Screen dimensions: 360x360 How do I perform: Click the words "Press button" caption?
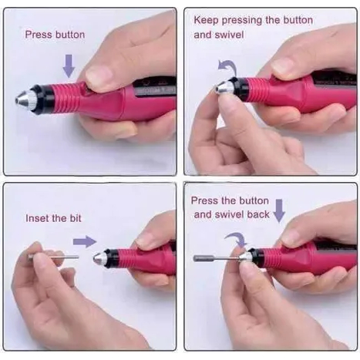(x=55, y=35)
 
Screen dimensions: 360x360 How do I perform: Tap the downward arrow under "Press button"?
(x=69, y=66)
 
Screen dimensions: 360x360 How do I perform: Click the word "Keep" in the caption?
(x=206, y=21)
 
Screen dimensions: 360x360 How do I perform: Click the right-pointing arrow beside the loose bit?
(x=85, y=241)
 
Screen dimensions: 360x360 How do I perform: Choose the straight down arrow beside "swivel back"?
(x=279, y=210)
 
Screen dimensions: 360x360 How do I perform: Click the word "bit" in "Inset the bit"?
(x=76, y=218)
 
